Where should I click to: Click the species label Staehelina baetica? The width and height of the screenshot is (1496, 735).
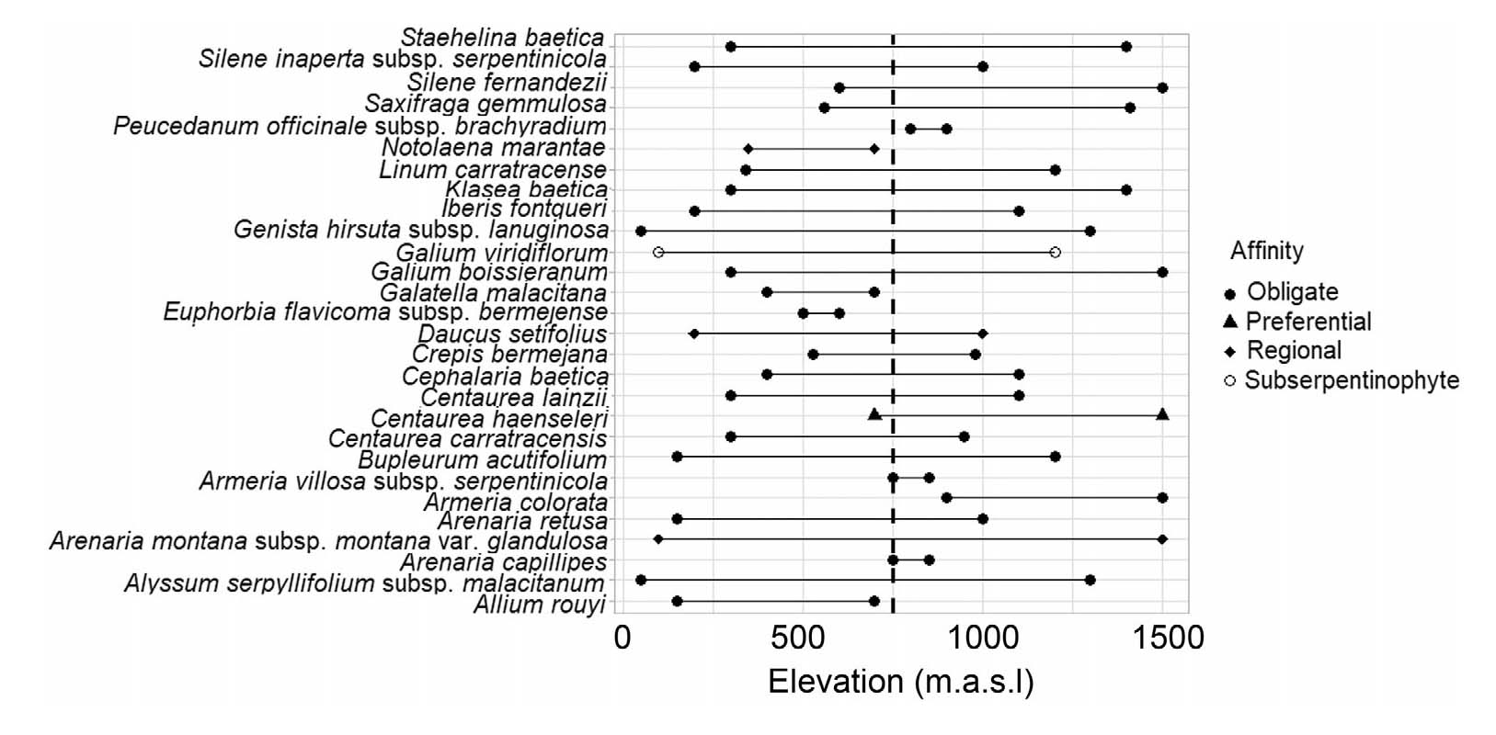(502, 39)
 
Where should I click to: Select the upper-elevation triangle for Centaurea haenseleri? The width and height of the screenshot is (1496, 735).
(1162, 414)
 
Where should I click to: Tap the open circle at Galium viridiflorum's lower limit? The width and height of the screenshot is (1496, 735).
(657, 252)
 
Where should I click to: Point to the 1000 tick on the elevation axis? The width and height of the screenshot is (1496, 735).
(983, 637)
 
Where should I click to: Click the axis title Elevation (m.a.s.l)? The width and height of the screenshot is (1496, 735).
(900, 682)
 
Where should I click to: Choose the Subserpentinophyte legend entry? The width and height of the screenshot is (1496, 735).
(1351, 379)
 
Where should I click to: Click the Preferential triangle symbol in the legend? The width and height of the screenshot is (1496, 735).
(1229, 321)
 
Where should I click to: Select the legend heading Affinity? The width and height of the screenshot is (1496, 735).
(1266, 251)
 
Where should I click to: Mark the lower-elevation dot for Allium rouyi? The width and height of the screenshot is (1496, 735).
(677, 601)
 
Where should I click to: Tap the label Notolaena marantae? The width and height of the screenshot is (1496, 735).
(494, 148)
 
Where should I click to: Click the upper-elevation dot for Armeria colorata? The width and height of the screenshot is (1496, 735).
(1162, 498)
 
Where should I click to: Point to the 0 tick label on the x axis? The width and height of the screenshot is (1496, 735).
(622, 637)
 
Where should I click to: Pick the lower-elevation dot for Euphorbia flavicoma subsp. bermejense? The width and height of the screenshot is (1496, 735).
(803, 313)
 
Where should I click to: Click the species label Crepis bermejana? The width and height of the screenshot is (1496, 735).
(509, 355)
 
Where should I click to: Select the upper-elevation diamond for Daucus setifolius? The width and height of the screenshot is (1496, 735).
(983, 334)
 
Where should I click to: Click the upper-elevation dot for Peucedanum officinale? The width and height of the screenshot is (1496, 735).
(946, 129)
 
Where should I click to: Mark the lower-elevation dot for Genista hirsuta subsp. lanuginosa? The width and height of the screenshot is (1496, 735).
(641, 231)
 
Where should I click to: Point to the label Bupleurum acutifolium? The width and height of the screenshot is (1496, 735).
(483, 459)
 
